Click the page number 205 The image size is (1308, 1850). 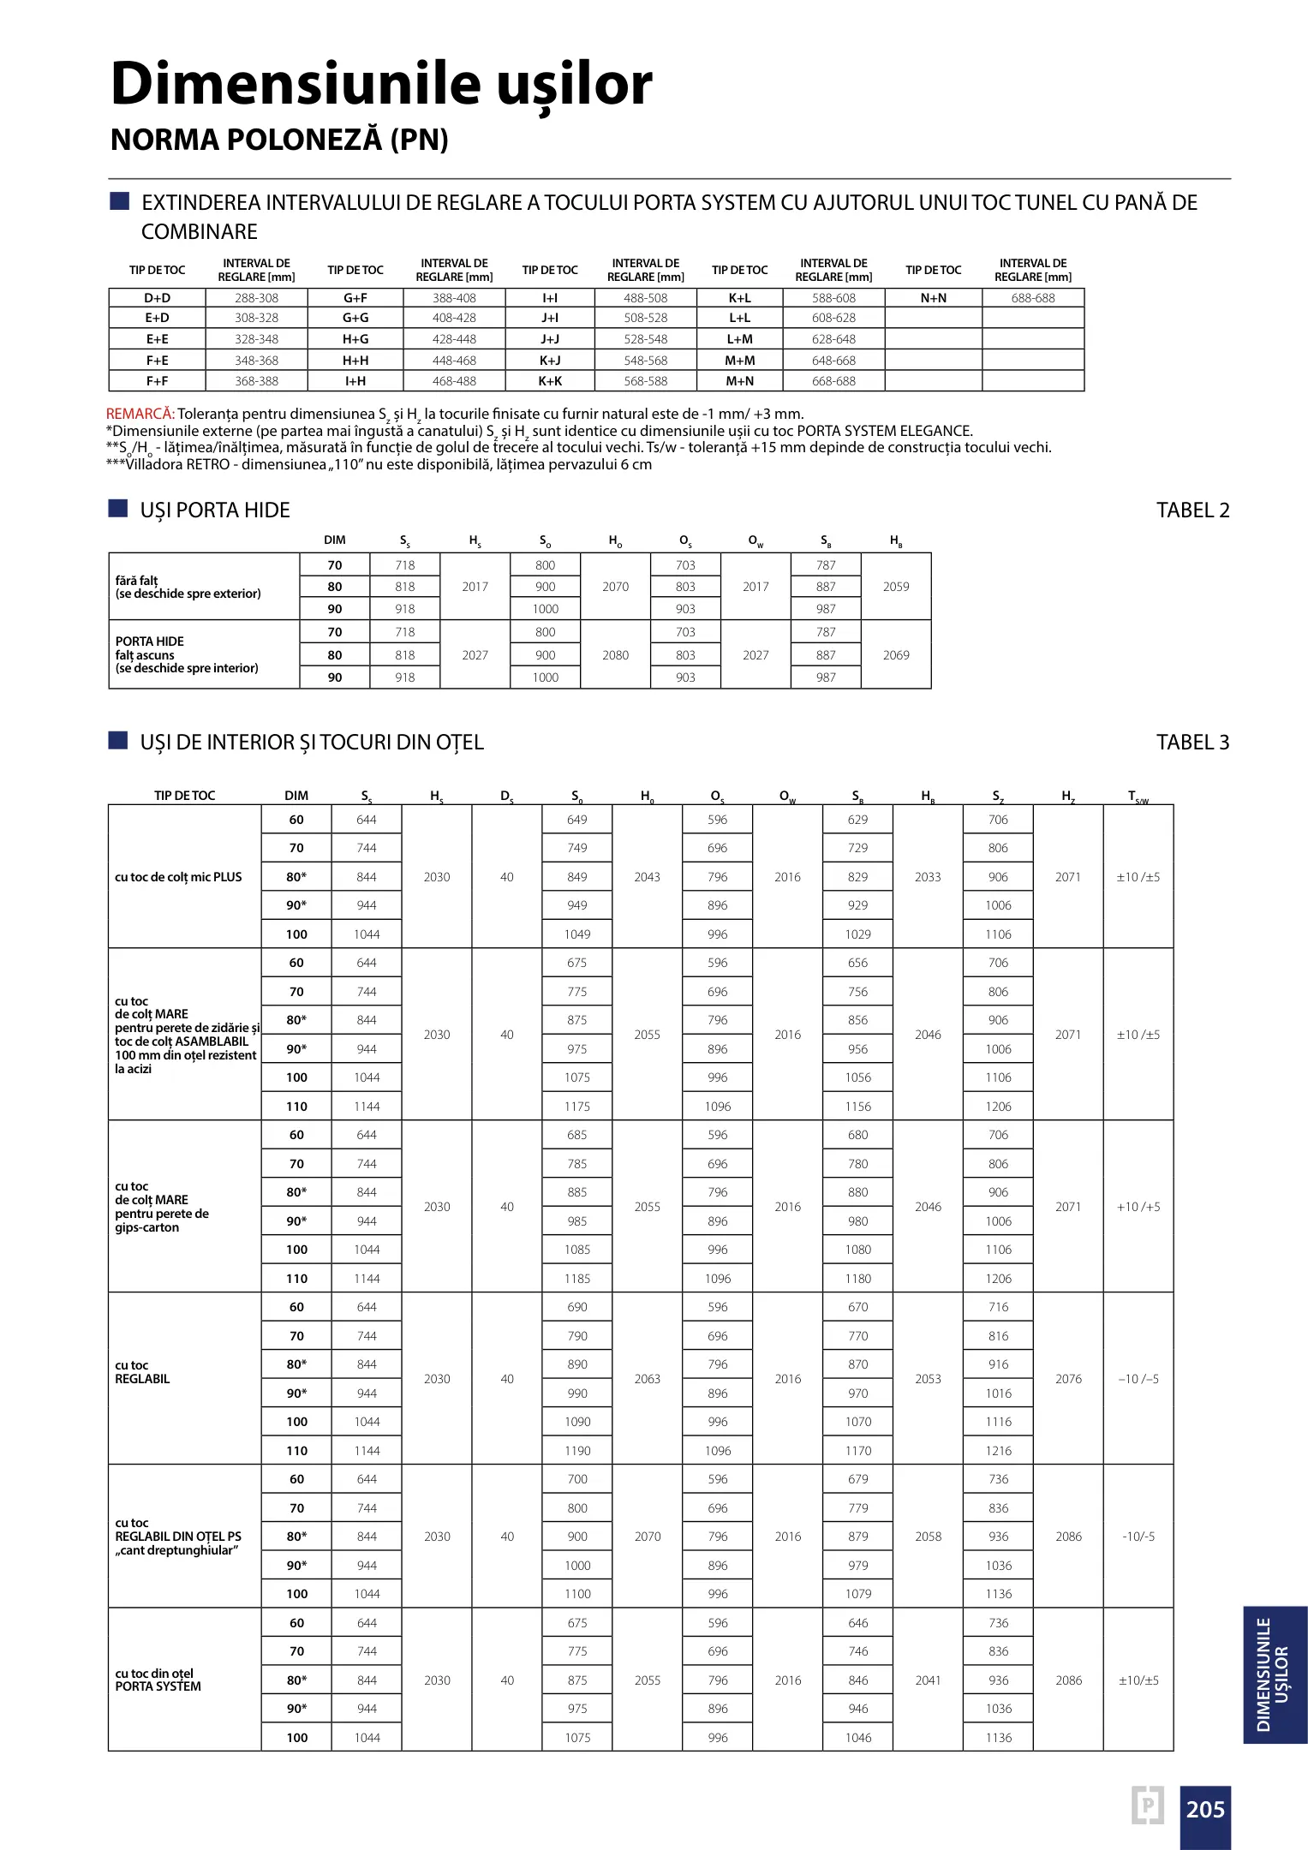[1204, 1809]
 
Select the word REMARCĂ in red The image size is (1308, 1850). [140, 415]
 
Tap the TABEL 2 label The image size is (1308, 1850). [1192, 510]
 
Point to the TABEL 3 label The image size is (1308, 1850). [1192, 743]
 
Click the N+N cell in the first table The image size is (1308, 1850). [933, 298]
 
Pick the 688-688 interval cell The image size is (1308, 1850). [1032, 298]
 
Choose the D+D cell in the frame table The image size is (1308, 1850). [157, 298]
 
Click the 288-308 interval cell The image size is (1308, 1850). [256, 298]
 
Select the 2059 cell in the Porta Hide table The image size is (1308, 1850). [895, 587]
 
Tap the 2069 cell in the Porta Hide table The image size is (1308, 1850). [895, 655]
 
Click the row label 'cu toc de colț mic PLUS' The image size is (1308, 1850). [178, 877]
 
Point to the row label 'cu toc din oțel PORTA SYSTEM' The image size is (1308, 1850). [158, 1680]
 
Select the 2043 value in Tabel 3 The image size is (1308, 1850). [647, 877]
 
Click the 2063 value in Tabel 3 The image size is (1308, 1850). [647, 1379]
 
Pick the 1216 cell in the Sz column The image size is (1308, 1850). [998, 1451]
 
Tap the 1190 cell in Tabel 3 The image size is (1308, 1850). [577, 1451]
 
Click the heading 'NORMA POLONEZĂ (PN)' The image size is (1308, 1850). [279, 140]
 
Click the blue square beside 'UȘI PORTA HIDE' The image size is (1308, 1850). [118, 509]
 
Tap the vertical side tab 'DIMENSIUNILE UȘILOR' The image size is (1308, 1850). [1274, 1674]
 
